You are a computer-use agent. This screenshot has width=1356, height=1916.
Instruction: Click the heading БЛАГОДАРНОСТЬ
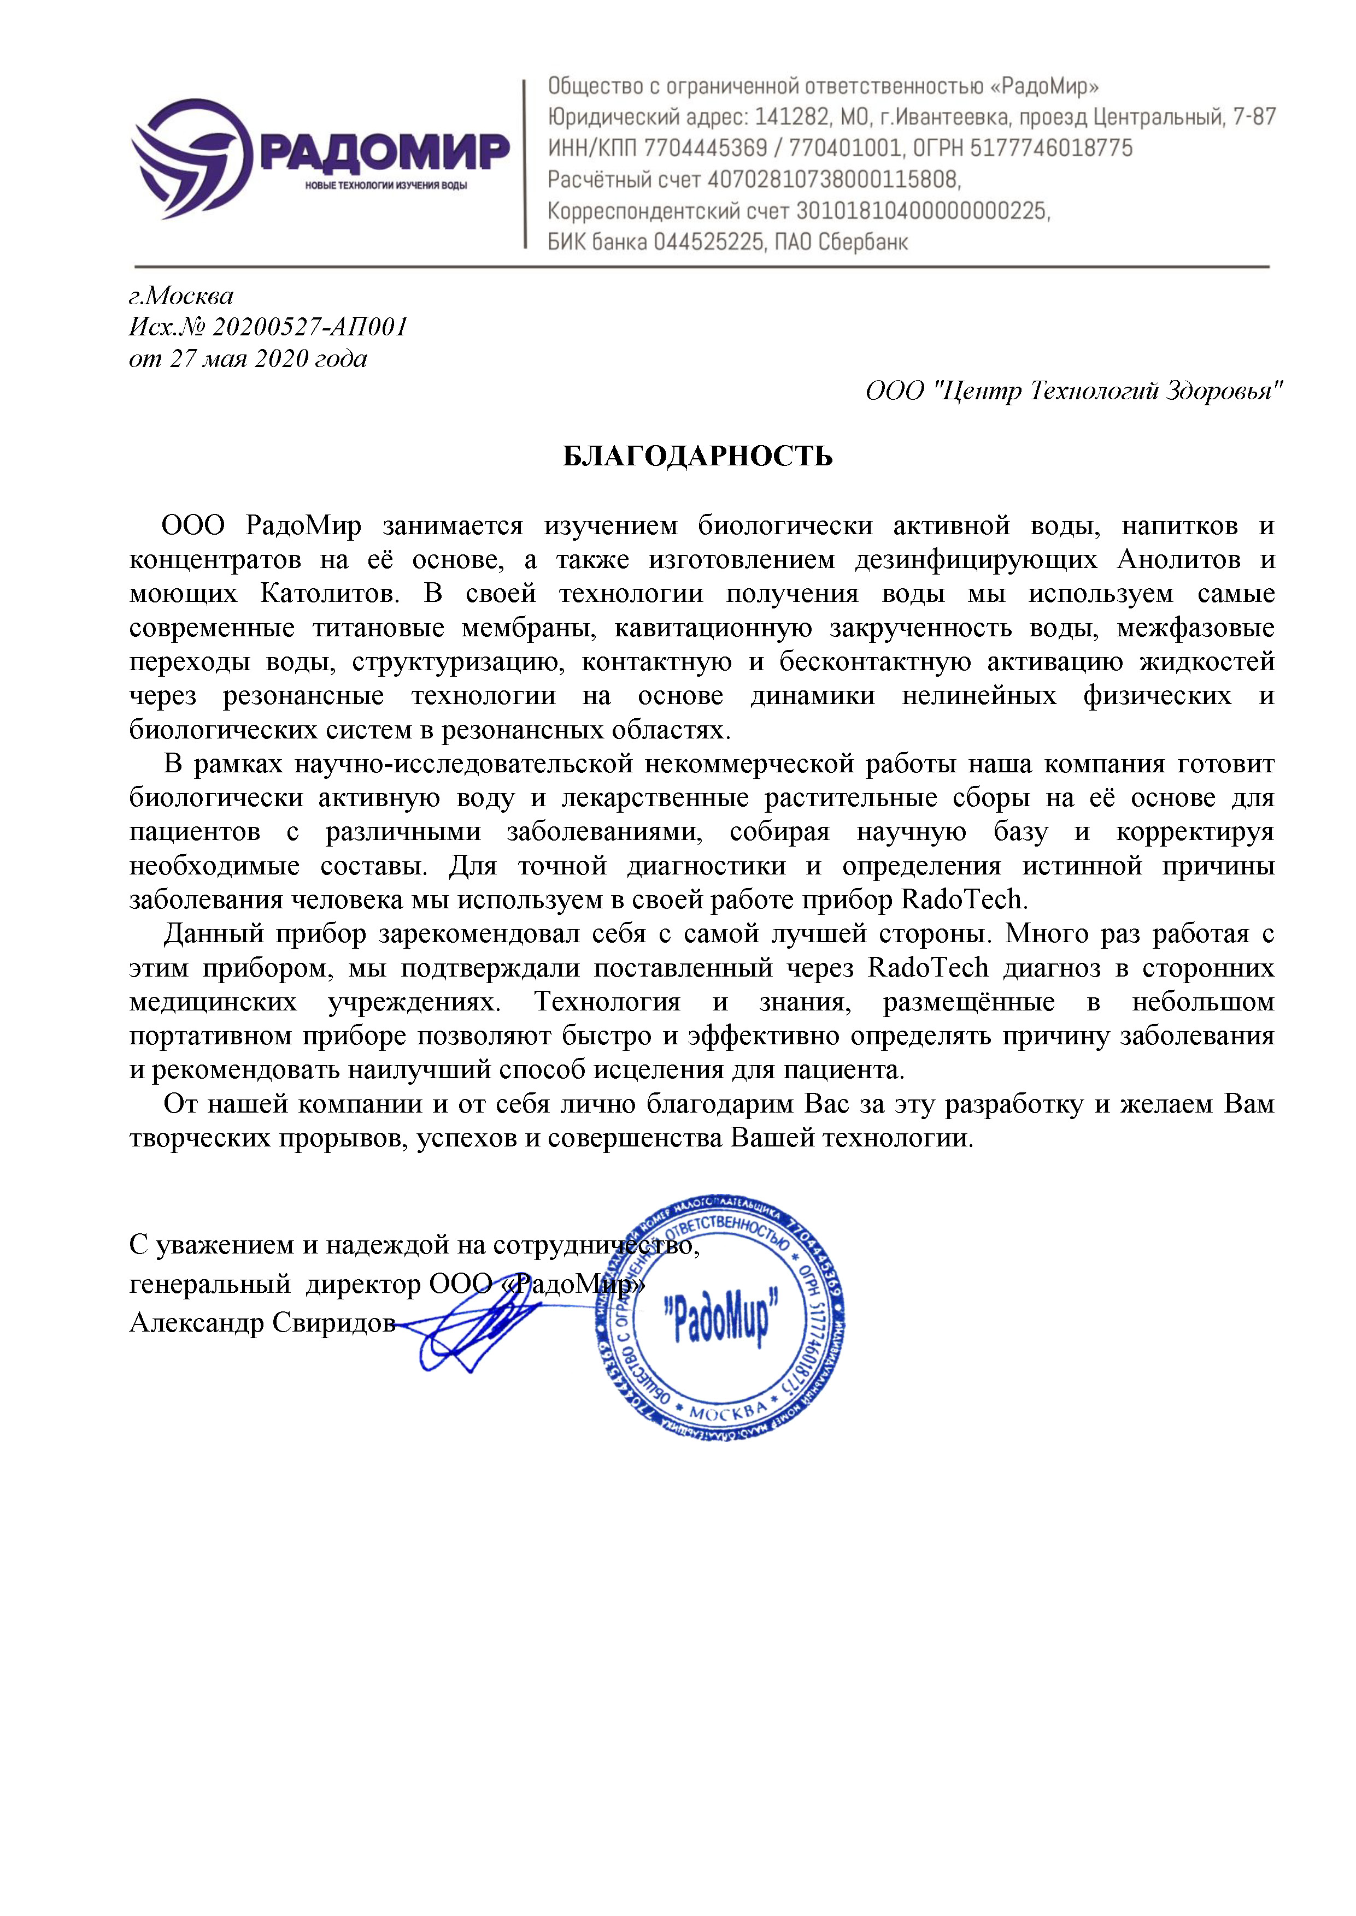(697, 457)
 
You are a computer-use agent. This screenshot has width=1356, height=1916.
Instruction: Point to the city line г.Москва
(181, 295)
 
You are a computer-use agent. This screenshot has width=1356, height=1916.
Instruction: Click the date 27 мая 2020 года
(268, 359)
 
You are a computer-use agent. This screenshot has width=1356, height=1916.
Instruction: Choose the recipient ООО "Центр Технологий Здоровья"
(1073, 391)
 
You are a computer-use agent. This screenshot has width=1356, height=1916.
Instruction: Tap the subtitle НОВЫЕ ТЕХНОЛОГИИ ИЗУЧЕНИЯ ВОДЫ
(386, 185)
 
